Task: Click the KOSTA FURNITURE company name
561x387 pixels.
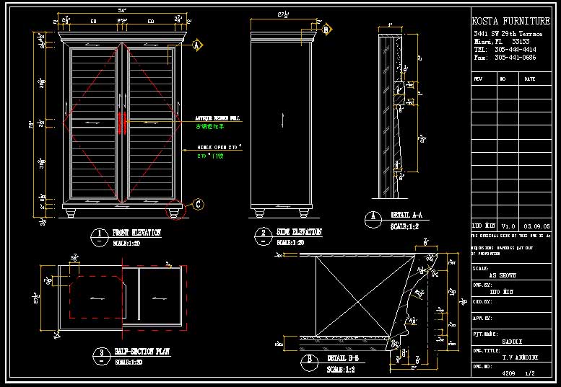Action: tap(510, 22)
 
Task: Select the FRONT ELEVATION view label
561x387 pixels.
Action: tap(136, 233)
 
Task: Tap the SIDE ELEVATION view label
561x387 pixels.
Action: tap(298, 233)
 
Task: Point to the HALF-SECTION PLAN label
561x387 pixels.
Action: tap(142, 353)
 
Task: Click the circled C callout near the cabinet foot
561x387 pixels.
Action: tap(197, 205)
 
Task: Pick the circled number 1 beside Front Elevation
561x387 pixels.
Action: tap(97, 234)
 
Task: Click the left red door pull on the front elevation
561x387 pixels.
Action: tap(120, 123)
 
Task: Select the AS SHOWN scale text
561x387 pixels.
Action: tap(503, 275)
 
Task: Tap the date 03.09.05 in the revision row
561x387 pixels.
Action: tap(536, 226)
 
